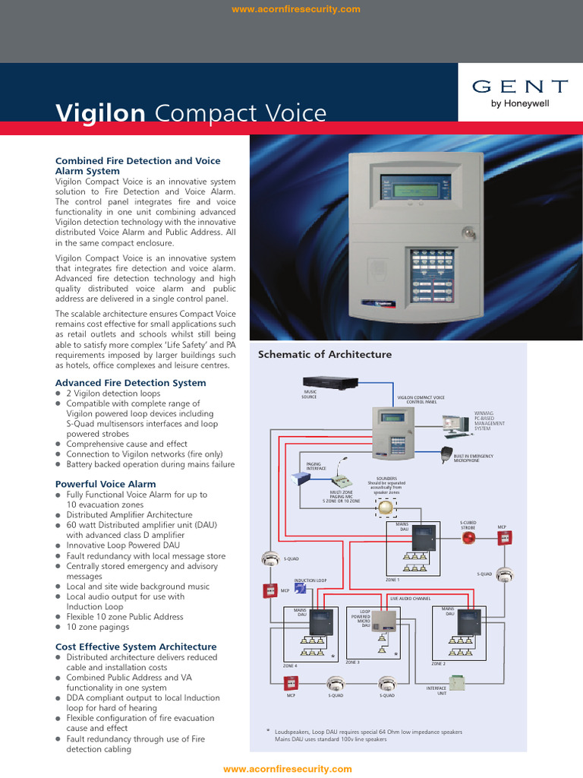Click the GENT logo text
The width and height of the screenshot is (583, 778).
tap(520, 87)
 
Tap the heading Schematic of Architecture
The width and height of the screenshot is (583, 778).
tap(325, 354)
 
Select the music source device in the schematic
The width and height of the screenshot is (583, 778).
tap(330, 382)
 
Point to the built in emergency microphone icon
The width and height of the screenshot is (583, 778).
tap(446, 454)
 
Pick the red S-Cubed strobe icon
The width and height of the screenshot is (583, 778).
tap(468, 538)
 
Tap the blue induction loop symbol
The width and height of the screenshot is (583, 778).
tap(301, 588)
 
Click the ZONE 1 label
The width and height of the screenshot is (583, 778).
tap(392, 580)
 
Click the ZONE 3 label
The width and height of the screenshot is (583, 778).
tap(352, 663)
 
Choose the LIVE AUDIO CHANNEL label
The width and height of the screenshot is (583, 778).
tap(410, 599)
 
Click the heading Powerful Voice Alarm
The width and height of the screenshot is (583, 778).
tap(106, 484)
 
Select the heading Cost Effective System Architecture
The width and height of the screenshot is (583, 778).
tap(136, 647)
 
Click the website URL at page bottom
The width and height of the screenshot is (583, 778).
tap(288, 769)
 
